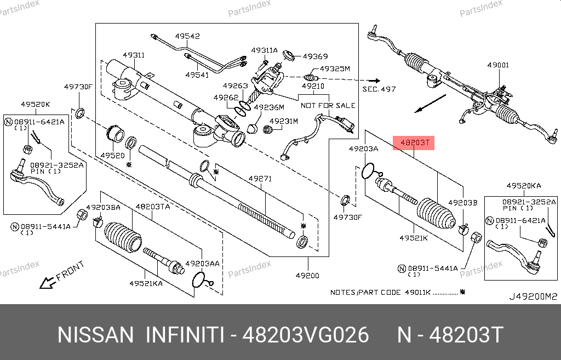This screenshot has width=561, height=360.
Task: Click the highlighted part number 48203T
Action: (x=414, y=144)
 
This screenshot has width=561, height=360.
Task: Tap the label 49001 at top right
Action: (x=498, y=65)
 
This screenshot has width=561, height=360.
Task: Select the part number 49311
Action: (x=133, y=55)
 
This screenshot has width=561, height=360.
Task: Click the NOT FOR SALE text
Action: (x=328, y=105)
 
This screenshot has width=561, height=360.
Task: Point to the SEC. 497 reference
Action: (x=379, y=88)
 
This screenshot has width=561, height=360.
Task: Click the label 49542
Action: (x=187, y=36)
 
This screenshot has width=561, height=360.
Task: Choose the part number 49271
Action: (x=260, y=179)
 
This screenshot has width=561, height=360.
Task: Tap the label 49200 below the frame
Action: (x=308, y=275)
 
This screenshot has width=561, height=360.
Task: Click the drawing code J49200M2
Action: (x=533, y=296)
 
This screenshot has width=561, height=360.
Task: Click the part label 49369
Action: (x=315, y=56)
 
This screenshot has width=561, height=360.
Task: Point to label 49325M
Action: (x=335, y=69)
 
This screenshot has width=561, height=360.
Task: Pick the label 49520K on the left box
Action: (x=36, y=104)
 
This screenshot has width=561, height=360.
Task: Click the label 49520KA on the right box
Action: (x=523, y=186)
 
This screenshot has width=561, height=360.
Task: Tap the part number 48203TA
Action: (x=152, y=207)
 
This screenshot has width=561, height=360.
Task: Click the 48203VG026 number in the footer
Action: (x=307, y=335)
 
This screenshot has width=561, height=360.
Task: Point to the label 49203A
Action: (x=363, y=149)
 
